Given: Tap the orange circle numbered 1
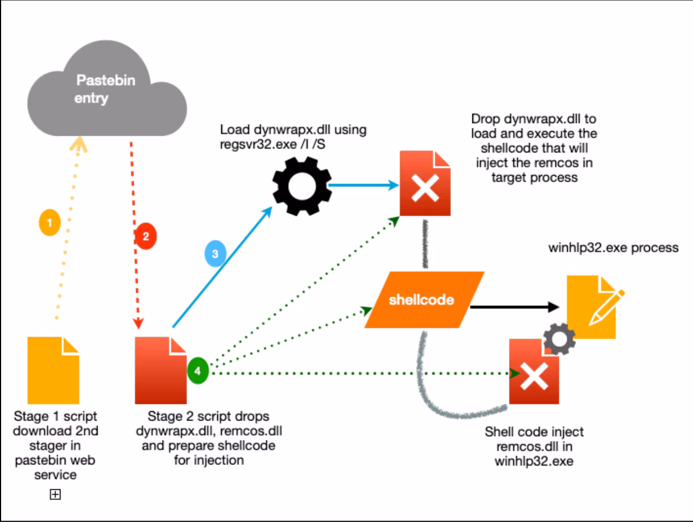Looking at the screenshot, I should pyautogui.click(x=50, y=223).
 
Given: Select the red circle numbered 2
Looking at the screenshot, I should pyautogui.click(x=146, y=237).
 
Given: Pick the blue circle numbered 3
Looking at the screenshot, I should pyautogui.click(x=215, y=254).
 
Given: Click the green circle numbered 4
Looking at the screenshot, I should pyautogui.click(x=197, y=369).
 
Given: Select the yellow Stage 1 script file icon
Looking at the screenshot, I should pyautogui.click(x=53, y=370).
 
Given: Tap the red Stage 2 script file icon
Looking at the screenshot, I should pyautogui.click(x=161, y=370).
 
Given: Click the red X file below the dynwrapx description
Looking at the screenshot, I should pyautogui.click(x=425, y=183).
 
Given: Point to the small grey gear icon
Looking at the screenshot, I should pyautogui.click(x=558, y=338).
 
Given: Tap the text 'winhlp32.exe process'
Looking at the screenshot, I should pyautogui.click(x=613, y=247).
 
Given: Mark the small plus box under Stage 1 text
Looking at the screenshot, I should pyautogui.click(x=55, y=495).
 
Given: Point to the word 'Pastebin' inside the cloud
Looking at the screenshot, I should pyautogui.click(x=105, y=80).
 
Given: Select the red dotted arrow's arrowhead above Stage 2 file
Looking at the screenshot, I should pyautogui.click(x=139, y=323).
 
